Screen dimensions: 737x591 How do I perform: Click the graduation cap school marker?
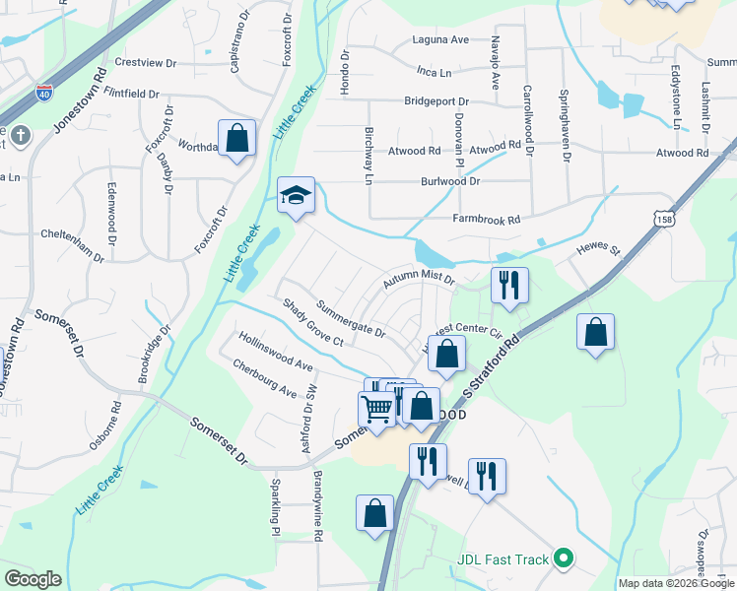click(x=295, y=195)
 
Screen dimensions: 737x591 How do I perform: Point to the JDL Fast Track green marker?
click(x=564, y=559)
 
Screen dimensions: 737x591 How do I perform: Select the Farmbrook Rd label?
click(x=486, y=220)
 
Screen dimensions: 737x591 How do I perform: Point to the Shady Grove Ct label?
click(x=311, y=323)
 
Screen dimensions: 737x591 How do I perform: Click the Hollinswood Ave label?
click(x=275, y=351)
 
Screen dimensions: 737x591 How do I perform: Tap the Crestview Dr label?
click(x=145, y=62)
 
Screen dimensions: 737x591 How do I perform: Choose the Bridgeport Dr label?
click(x=435, y=101)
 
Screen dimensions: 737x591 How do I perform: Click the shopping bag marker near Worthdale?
click(x=237, y=138)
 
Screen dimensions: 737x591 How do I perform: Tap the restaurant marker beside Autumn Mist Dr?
click(x=509, y=285)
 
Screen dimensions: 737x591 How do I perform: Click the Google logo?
click(x=33, y=579)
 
